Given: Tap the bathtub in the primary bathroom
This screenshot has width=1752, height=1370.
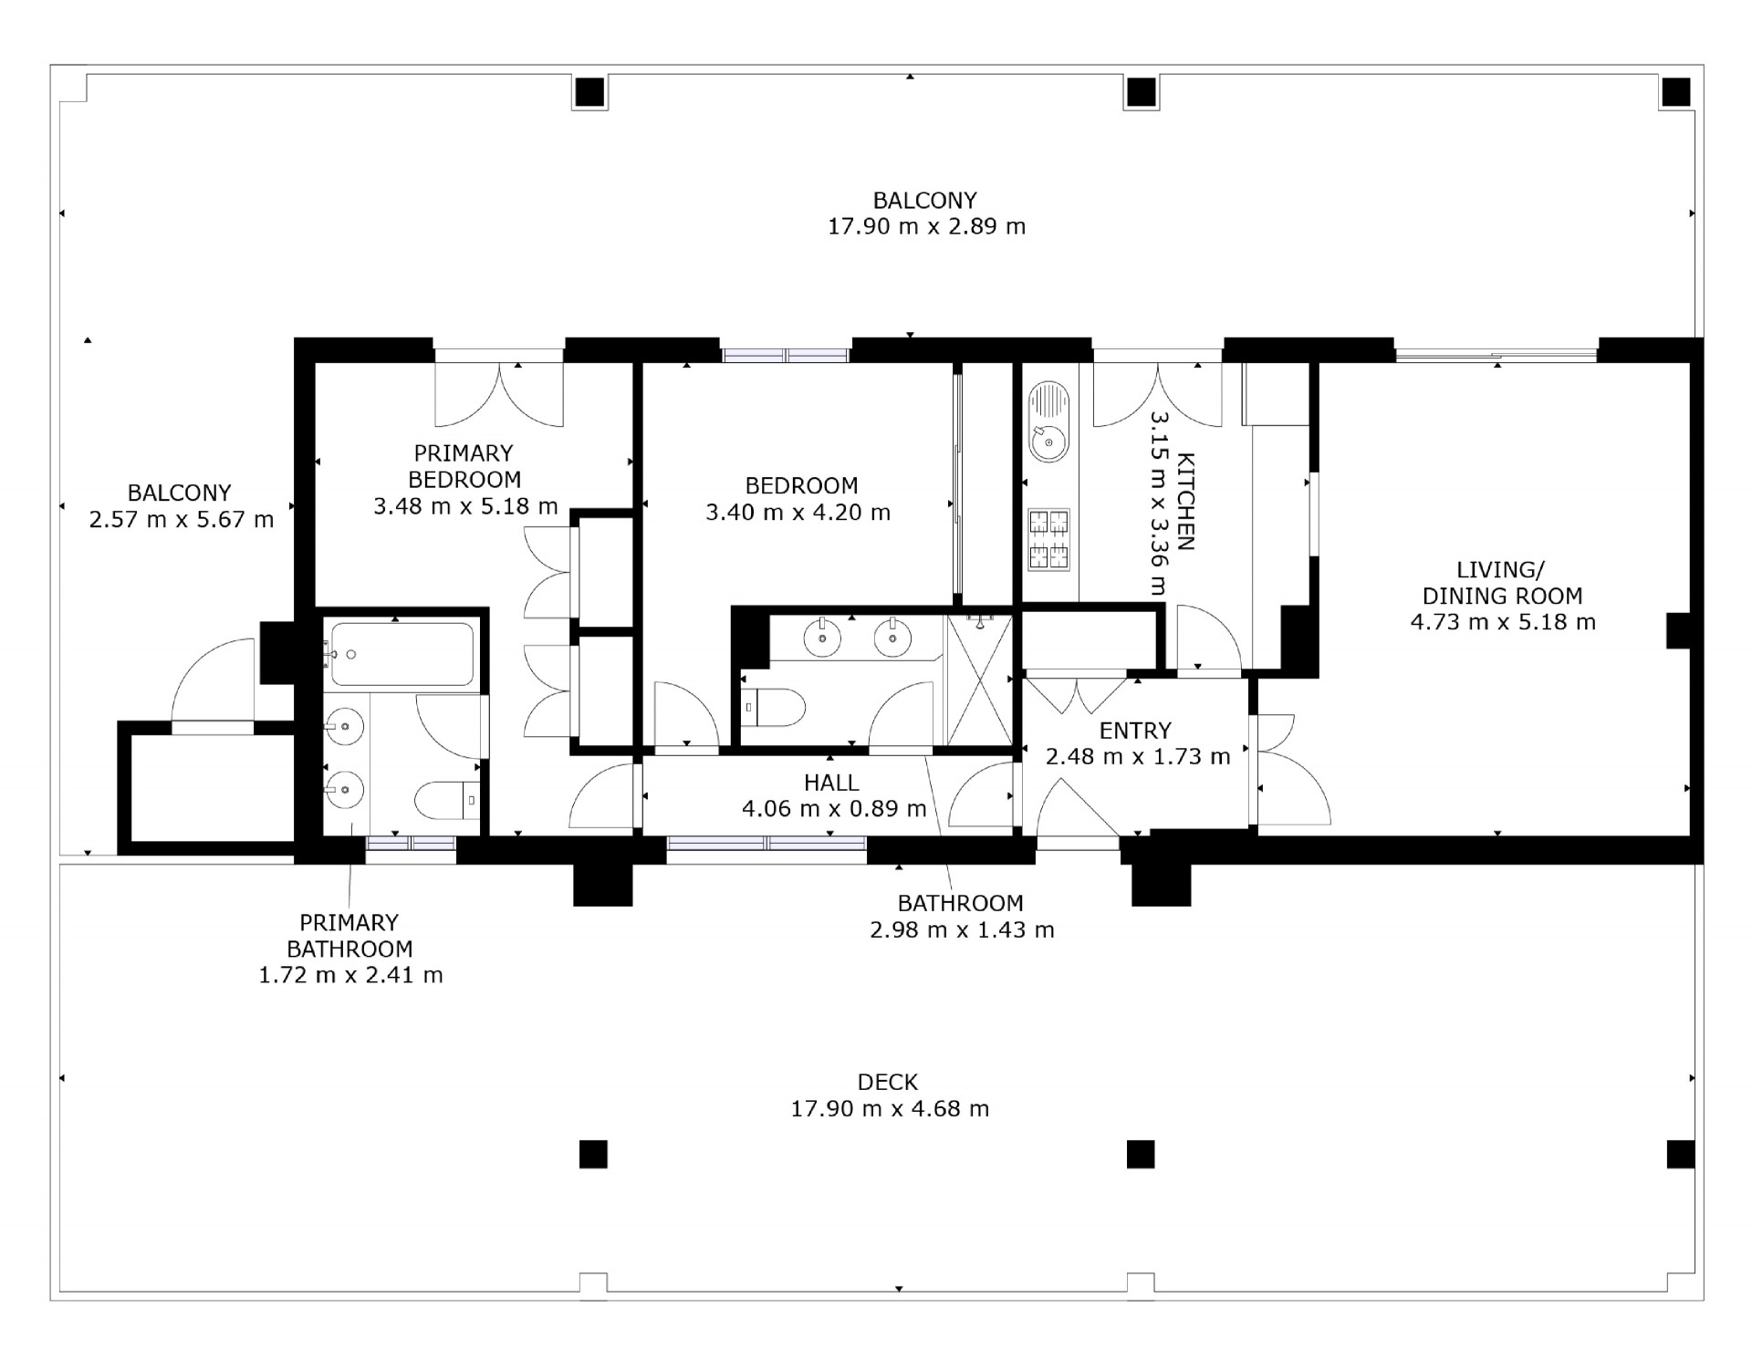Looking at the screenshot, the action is [401, 654].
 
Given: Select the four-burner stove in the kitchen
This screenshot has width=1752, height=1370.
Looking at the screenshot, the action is [1048, 539].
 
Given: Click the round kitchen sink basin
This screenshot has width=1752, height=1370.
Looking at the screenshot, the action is [1048, 444].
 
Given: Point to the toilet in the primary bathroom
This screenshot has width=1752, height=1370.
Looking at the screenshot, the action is [447, 800].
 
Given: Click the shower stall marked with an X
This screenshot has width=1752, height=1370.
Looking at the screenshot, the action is [979, 680].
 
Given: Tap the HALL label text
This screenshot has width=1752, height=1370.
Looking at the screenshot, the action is [831, 783].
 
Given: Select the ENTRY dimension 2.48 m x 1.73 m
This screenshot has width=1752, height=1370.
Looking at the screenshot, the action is [1138, 756].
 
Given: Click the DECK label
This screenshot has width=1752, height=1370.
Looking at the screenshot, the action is [888, 1083].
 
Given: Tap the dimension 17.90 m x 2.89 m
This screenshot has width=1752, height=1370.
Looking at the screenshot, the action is [926, 226].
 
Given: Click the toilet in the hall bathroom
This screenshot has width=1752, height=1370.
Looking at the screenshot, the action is [773, 707].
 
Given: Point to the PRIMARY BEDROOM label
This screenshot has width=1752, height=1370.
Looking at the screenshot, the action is [464, 466].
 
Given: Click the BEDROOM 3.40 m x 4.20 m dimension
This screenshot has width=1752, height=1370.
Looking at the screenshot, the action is [798, 513].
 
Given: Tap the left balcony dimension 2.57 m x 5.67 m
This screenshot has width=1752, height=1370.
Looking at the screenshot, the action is [182, 520].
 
